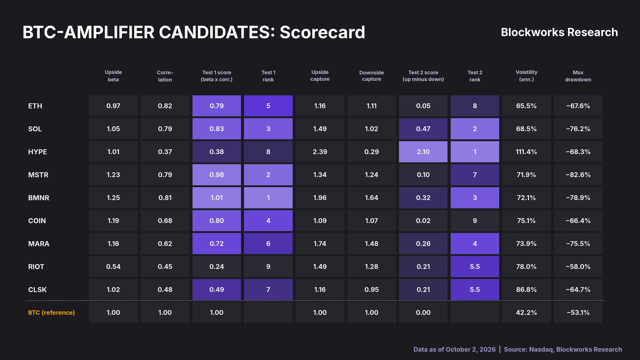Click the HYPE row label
coord(37,152)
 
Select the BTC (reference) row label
coord(51,312)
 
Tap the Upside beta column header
coord(113,76)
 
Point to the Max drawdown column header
coord(578,76)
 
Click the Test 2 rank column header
coord(475,76)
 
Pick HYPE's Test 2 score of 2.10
coord(423,152)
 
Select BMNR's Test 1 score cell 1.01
coord(217,198)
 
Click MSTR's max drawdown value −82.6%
coord(578,175)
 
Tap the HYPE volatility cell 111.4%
coord(526,152)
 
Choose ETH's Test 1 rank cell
coord(268,106)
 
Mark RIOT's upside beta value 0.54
coord(113,267)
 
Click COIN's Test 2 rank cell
coord(475,221)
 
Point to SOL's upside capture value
coord(320,129)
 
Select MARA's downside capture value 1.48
coord(371,244)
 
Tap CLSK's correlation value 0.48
coord(165,290)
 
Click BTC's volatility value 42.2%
coord(526,312)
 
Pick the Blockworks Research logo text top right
coord(559,32)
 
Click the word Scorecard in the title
coord(322,32)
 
